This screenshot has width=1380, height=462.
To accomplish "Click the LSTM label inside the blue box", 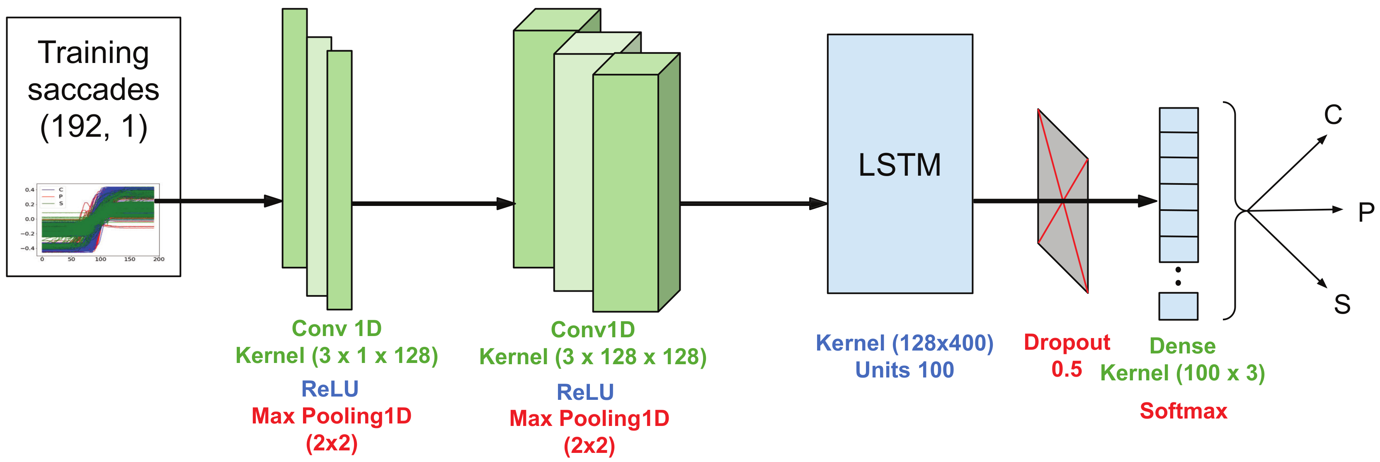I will coord(900,165).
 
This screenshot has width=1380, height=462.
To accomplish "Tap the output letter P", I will coord(1366,213).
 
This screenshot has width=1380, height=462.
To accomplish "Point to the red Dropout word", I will coord(1067,343).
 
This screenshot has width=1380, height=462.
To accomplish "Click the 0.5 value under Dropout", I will coord(1067,369).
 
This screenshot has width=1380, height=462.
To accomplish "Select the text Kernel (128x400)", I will coord(904,343).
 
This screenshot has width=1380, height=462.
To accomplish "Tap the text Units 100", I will coord(904,370).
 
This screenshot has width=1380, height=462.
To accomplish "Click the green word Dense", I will coord(1182,346).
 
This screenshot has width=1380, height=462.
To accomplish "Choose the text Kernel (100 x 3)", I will coord(1182,373).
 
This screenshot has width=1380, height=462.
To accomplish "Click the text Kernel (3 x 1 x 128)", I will coord(337,356).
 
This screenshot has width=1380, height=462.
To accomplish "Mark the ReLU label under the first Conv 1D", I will coord(330,389).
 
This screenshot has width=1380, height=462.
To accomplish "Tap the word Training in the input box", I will coord(93,53).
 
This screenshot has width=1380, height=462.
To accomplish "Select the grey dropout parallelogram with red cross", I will coord(1063,201).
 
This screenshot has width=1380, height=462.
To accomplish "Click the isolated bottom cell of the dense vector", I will coord(1178,306).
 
